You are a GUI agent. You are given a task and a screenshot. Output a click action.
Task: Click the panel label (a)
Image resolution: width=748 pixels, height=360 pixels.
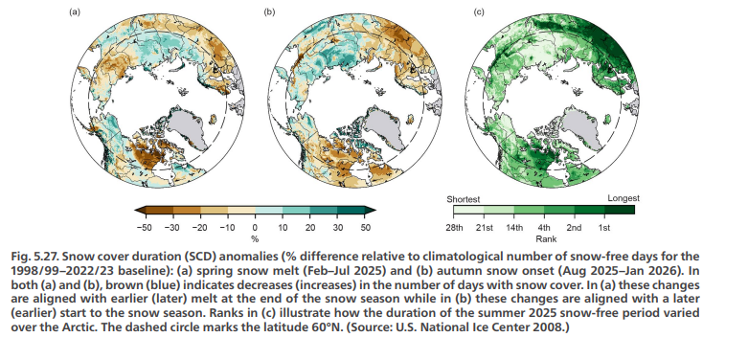point(75,11)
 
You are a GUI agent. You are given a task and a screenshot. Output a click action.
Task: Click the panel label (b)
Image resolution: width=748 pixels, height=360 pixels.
point(269,11)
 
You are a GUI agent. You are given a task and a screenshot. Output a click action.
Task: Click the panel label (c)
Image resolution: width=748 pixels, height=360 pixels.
point(479,11)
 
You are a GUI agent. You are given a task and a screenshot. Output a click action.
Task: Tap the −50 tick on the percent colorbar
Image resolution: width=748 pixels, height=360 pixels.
point(144,228)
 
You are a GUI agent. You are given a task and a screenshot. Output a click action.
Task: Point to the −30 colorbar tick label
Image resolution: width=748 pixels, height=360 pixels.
point(171,228)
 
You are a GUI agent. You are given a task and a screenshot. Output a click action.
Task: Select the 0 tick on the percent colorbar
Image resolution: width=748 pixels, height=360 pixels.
point(255,228)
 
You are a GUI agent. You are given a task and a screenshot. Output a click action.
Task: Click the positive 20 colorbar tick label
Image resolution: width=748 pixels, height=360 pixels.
point(310,228)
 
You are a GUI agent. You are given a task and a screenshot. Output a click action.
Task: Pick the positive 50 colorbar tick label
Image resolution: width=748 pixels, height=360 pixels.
point(366,228)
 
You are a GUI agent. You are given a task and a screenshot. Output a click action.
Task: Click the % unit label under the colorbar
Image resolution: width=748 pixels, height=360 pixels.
point(255,238)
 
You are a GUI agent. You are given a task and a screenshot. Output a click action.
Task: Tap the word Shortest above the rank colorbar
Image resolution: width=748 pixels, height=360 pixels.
point(463,199)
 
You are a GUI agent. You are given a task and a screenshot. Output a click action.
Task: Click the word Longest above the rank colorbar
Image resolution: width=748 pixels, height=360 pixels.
point(623,198)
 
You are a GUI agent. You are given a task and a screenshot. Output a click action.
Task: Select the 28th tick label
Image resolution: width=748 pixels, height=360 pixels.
point(454,228)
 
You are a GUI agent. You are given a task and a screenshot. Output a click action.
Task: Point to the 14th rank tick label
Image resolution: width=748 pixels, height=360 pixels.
point(514,228)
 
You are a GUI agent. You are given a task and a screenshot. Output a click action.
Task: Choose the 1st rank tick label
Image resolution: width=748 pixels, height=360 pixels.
point(604,228)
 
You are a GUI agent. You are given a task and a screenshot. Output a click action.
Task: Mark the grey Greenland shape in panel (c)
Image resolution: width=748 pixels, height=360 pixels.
point(583,127)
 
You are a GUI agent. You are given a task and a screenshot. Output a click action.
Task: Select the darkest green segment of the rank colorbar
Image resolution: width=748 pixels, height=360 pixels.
point(620,210)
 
